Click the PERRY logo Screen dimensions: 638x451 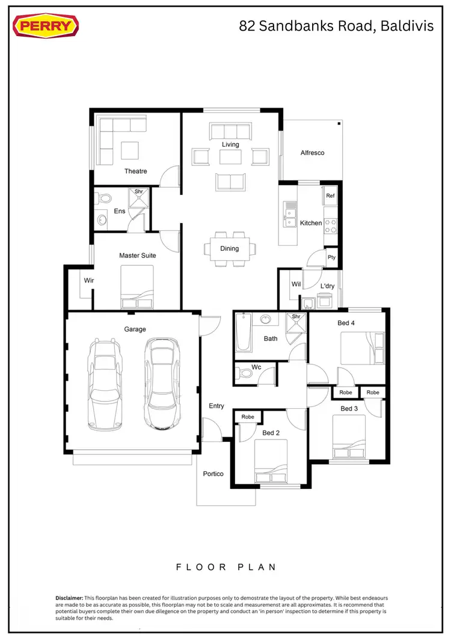point(46,26)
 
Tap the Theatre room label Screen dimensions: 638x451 point(135,171)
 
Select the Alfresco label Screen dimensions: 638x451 point(312,153)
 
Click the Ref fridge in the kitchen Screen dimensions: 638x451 point(330,196)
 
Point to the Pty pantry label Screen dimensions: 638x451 point(331,257)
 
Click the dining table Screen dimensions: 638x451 point(229,248)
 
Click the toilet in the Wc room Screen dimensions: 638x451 point(245,373)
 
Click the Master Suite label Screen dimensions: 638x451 point(137,256)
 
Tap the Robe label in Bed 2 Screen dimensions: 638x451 point(247,417)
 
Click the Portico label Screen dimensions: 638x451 point(213,474)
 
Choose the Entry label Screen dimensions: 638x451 point(216,406)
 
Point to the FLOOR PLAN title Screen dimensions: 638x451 point(226,566)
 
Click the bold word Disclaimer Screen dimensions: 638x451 point(69,597)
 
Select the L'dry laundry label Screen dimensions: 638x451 point(327,286)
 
